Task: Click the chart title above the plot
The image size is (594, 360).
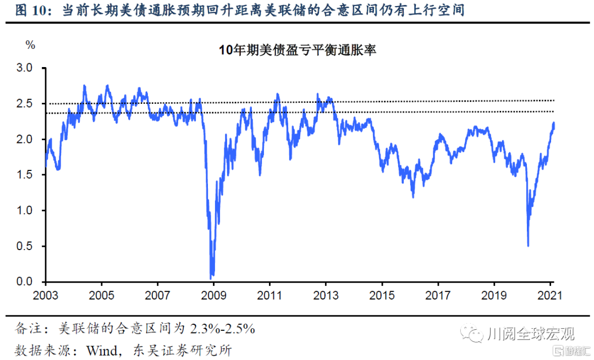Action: (297, 51)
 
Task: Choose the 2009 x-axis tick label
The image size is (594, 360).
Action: (213, 295)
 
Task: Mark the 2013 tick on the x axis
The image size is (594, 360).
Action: (326, 295)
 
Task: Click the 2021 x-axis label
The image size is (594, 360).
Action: (549, 295)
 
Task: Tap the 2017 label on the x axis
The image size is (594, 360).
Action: (438, 295)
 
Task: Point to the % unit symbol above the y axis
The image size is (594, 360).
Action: (31, 45)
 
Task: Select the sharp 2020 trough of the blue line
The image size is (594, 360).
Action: (528, 246)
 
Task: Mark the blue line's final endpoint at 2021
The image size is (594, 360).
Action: (554, 123)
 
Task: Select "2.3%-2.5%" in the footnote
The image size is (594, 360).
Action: (223, 329)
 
